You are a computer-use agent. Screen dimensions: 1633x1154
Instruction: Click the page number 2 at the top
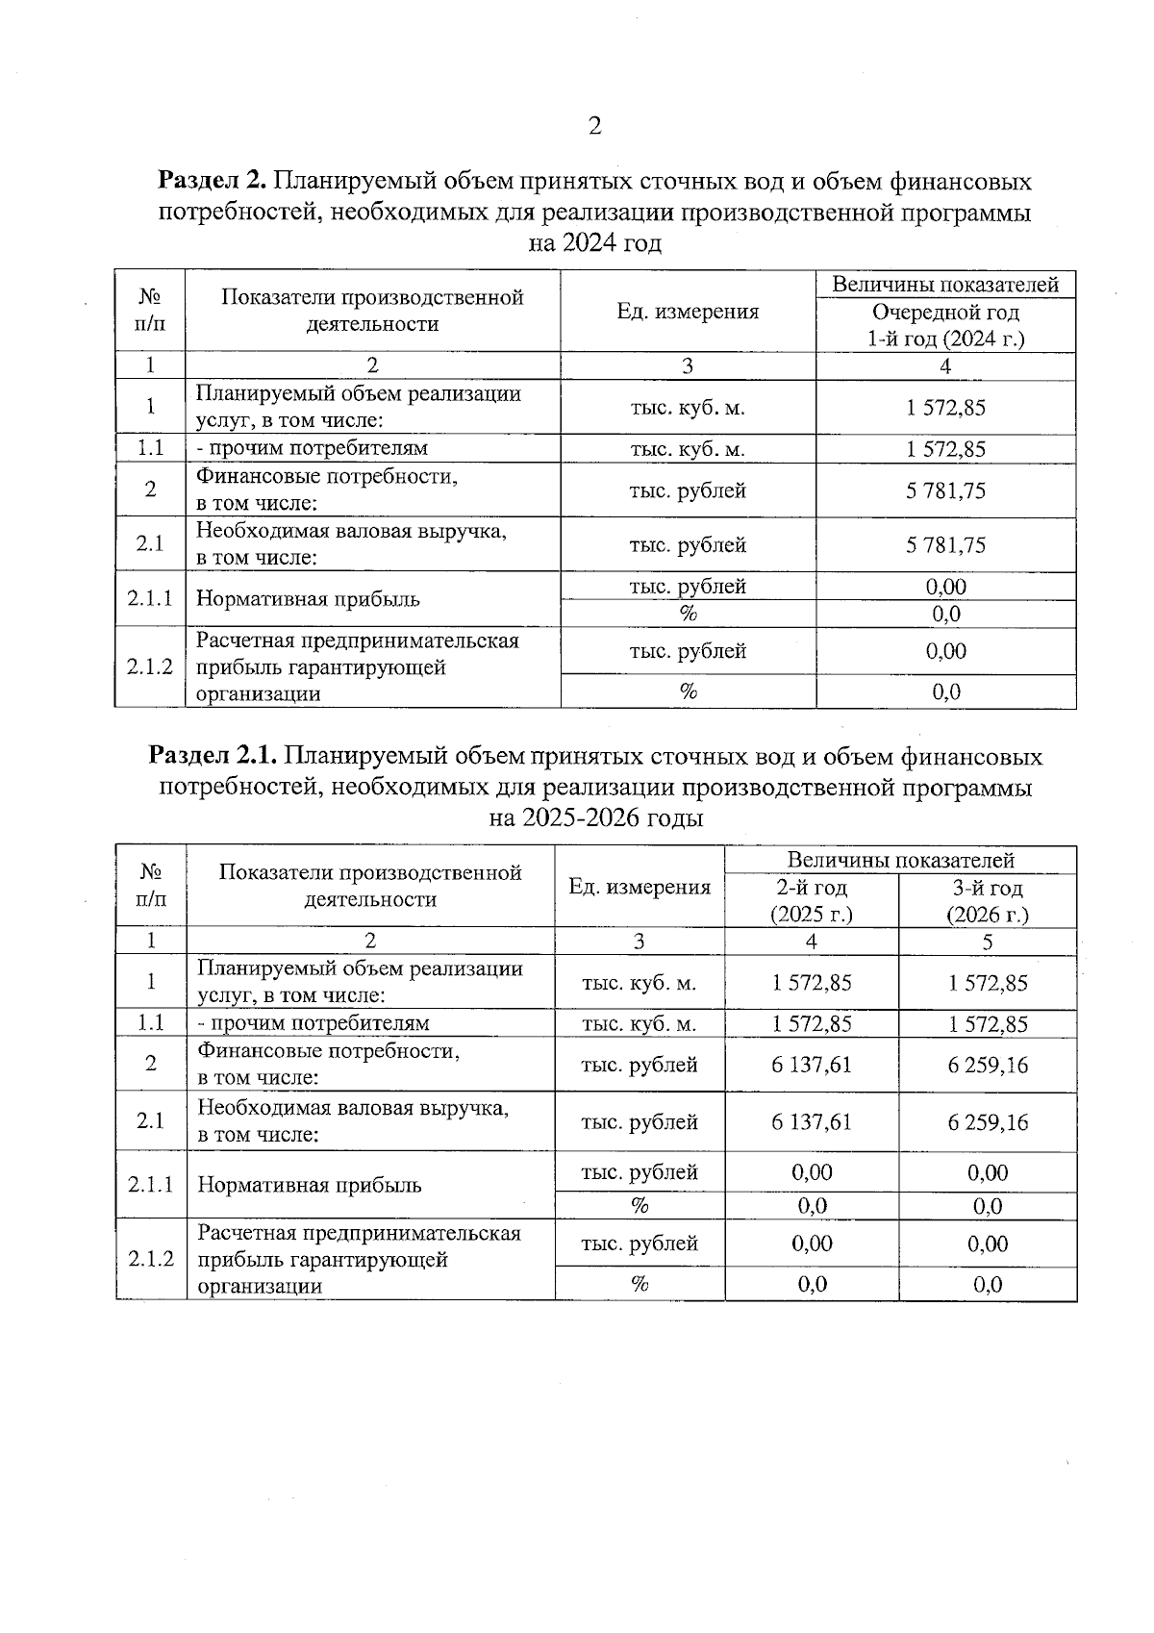click(594, 126)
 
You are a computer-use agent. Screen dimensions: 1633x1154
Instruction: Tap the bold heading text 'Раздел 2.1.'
click(213, 756)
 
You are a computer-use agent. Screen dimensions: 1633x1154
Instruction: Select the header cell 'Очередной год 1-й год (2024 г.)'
click(945, 325)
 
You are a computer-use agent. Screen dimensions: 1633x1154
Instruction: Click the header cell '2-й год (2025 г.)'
click(812, 900)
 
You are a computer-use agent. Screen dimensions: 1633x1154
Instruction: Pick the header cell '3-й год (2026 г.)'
click(988, 900)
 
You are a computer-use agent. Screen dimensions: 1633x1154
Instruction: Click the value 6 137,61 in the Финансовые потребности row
click(812, 1065)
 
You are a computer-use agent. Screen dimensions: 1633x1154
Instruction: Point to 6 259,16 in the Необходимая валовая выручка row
click(988, 1122)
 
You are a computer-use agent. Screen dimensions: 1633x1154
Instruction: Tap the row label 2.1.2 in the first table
click(150, 666)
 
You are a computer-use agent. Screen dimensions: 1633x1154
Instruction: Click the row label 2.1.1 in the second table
click(151, 1184)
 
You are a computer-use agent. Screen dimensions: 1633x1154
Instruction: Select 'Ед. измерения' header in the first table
click(688, 311)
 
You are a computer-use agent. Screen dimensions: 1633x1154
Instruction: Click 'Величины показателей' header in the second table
click(900, 860)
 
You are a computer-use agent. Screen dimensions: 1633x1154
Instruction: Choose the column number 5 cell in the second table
click(988, 942)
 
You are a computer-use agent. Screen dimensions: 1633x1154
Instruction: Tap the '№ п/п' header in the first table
click(150, 310)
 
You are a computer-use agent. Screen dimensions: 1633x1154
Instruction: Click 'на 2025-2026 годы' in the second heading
click(595, 818)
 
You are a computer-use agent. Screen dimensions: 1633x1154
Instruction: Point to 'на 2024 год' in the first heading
click(595, 243)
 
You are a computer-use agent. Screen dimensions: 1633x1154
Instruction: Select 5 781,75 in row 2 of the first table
click(945, 490)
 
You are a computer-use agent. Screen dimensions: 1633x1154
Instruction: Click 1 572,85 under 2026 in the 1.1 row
click(988, 1023)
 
